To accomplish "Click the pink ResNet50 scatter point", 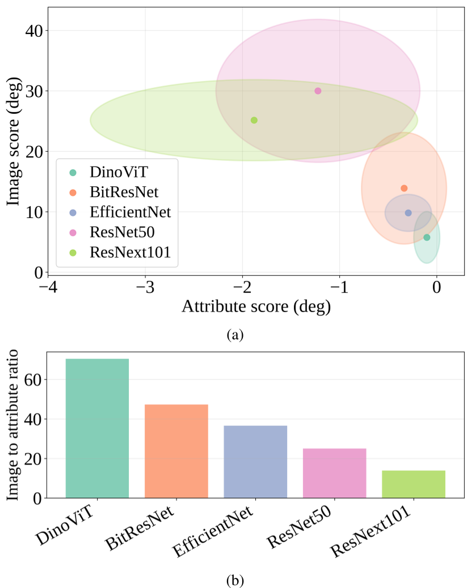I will point(318,91).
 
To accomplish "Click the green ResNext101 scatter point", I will point(254,120).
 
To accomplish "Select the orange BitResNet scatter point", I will point(404,188).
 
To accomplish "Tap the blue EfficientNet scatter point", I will point(408,212).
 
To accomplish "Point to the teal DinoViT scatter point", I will point(427,237).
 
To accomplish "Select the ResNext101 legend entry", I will point(119,253).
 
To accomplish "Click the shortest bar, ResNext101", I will point(414,484).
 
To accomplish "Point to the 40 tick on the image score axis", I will point(35,31).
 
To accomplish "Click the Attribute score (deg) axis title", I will point(256,306).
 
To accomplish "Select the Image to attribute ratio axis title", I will point(12,425).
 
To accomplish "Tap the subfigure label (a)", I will point(235,335).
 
